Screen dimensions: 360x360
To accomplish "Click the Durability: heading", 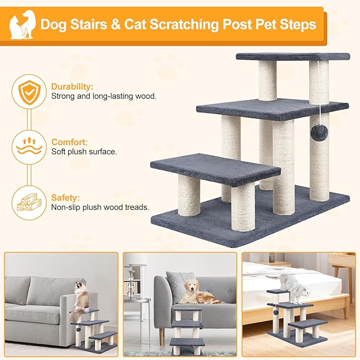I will tap(72, 86).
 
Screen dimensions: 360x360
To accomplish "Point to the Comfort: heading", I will tap(69, 142).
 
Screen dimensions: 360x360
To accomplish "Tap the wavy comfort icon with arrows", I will tap(29, 147).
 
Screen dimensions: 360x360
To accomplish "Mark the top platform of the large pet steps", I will tap(293, 56).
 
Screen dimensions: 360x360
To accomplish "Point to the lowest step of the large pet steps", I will tap(215, 169).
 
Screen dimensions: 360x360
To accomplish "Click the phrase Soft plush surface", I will tap(84, 152).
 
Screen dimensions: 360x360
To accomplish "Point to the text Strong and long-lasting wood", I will tap(103, 96).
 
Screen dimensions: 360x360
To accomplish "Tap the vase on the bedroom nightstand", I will tap(272, 257).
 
